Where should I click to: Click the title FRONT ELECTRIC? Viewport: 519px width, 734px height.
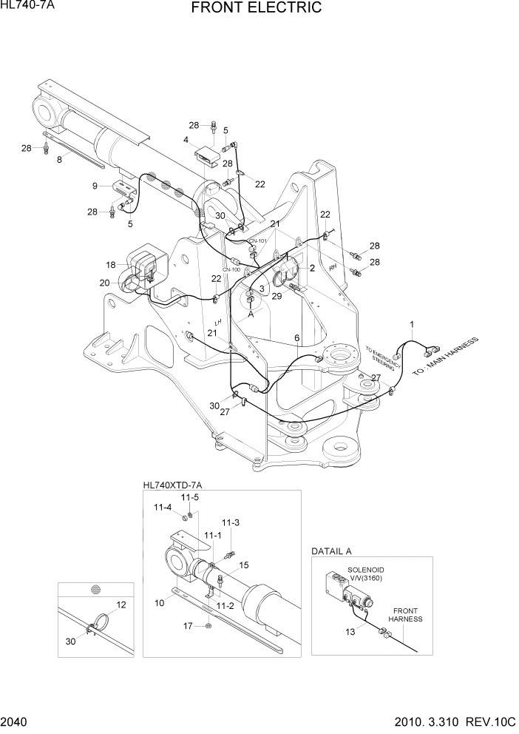click(x=256, y=8)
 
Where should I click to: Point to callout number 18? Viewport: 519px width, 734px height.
click(x=110, y=265)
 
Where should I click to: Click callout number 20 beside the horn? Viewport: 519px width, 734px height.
click(x=105, y=283)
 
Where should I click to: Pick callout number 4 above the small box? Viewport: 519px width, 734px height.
click(x=186, y=139)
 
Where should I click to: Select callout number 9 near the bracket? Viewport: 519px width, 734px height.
click(x=95, y=185)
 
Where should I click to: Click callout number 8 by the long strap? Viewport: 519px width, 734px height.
click(x=59, y=159)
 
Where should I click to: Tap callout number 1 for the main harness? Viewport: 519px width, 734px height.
click(x=413, y=323)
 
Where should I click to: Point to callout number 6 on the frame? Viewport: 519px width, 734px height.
click(x=296, y=338)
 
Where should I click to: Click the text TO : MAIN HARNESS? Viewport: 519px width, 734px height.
click(x=446, y=357)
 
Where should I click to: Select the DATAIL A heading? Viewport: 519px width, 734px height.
click(x=331, y=551)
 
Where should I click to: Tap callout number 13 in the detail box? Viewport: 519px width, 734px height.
click(x=350, y=631)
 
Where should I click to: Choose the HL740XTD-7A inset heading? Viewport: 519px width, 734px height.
click(x=172, y=485)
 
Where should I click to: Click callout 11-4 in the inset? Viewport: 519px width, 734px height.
click(x=163, y=508)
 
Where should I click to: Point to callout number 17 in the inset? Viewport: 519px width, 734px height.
click(x=188, y=627)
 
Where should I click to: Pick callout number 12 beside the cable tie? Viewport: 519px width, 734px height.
click(x=121, y=605)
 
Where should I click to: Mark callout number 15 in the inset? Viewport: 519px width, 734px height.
click(x=244, y=565)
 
